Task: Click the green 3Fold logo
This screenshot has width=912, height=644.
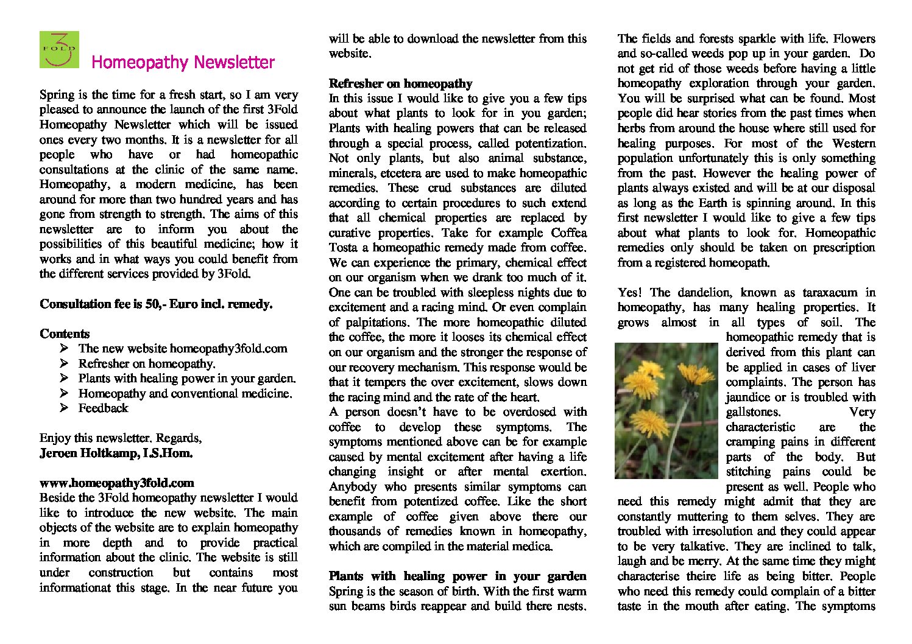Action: (x=59, y=49)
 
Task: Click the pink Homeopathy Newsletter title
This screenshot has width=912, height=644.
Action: (x=183, y=63)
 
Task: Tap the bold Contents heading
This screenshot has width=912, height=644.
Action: (x=65, y=334)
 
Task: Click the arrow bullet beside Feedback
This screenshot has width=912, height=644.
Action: (x=64, y=408)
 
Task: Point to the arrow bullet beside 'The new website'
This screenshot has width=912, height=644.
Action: (x=64, y=349)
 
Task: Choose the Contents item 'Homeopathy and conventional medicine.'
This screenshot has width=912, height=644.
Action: (x=185, y=394)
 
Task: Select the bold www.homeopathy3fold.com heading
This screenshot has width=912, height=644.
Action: (x=117, y=483)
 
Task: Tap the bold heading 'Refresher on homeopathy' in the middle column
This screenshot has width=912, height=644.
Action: (x=400, y=84)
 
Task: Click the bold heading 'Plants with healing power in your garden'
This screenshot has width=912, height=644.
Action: (x=458, y=576)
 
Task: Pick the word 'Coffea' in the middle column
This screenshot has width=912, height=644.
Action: (x=568, y=233)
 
